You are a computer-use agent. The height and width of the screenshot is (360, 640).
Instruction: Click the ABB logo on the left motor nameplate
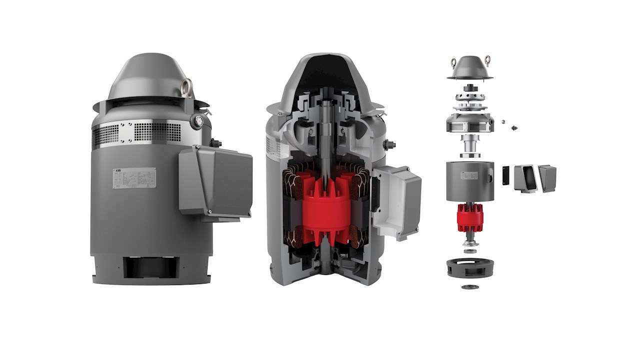(x=118, y=171)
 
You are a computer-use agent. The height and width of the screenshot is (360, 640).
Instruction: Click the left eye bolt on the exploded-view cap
(x=453, y=63)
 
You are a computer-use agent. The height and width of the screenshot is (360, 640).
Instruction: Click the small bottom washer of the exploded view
(x=469, y=287)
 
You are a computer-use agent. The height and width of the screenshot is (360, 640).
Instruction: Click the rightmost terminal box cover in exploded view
(x=547, y=178)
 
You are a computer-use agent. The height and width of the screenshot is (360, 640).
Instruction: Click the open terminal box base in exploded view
(x=524, y=177)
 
